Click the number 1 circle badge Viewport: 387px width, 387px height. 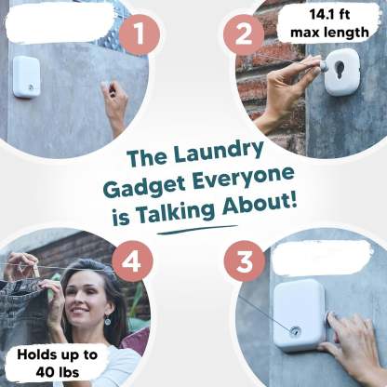point(139,36)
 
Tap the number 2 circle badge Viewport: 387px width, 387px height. point(245,36)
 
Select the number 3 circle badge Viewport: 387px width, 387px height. point(245,261)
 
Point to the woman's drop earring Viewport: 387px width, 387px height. point(106,321)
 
